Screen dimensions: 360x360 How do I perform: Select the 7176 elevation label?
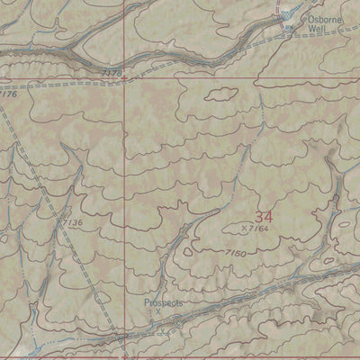pos(8,93)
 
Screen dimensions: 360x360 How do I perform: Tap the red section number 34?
pos(263,217)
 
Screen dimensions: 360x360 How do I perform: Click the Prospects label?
pos(164,303)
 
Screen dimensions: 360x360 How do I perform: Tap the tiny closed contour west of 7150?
pos(187,252)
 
